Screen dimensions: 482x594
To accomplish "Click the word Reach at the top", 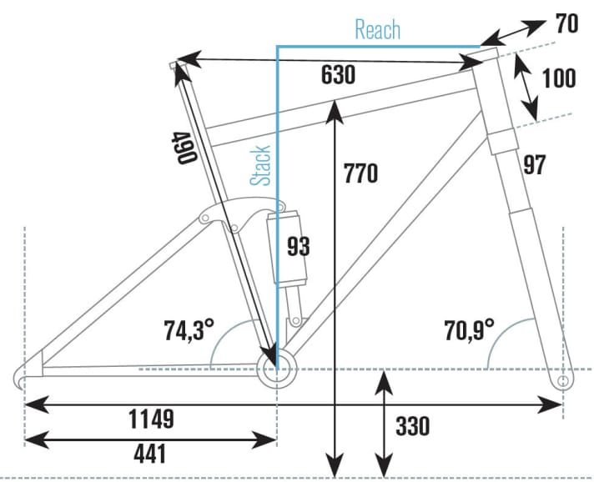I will [x=377, y=30].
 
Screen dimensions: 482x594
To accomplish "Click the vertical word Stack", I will [x=261, y=165].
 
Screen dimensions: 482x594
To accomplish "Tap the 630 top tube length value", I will [x=339, y=75].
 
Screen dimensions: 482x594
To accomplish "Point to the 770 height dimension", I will [x=360, y=173].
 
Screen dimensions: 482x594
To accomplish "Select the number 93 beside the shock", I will [x=297, y=247].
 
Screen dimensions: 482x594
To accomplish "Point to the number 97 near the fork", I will [x=535, y=165].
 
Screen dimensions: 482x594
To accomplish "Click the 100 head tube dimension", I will [x=558, y=78].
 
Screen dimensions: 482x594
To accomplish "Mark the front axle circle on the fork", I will [x=562, y=381].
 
